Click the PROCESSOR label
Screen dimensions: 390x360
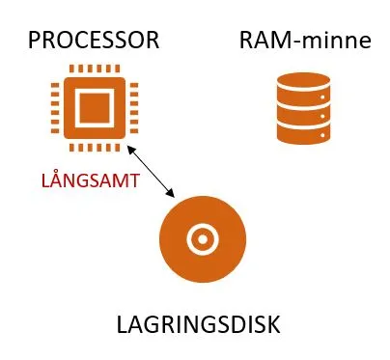[94, 41]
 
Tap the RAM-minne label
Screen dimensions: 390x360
[305, 41]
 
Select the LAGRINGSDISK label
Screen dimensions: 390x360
[198, 324]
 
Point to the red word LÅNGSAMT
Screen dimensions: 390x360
[91, 180]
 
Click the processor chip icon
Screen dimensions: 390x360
[95, 108]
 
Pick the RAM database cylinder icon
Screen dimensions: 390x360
[303, 108]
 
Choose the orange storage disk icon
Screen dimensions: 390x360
[203, 239]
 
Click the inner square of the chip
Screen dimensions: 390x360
[95, 108]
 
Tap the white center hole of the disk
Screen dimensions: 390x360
[203, 239]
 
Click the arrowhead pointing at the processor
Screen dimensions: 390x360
[130, 149]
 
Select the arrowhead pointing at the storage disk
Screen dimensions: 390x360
[171, 194]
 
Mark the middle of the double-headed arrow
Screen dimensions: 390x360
[151, 172]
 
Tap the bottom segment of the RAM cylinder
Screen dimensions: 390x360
[303, 135]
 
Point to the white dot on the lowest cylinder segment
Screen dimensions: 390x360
[322, 135]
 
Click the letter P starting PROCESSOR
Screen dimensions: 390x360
[34, 41]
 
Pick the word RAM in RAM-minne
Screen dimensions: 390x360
[262, 41]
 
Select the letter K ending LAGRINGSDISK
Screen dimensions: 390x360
[274, 324]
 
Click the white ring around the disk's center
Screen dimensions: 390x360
[203, 226]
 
